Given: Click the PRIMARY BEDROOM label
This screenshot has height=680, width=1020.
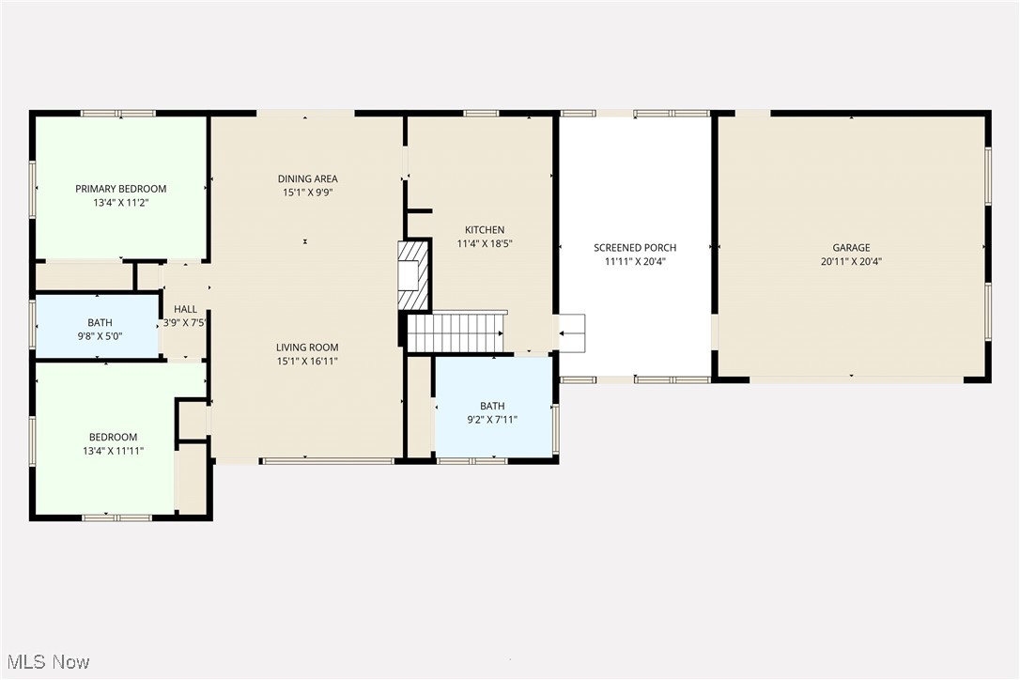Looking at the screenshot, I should point(120,189).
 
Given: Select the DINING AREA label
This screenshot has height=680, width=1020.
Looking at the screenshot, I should point(307,178).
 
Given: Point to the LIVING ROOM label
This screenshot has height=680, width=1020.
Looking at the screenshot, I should point(307,347).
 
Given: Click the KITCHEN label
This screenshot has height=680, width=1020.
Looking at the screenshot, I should point(485,229).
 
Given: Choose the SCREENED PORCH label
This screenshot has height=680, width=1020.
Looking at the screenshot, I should point(635,248).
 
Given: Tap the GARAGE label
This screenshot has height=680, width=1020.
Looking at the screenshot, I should point(850,248).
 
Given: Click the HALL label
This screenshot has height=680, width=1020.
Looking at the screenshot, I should point(185,308).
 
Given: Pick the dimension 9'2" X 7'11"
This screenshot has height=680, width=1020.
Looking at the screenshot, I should point(492,420).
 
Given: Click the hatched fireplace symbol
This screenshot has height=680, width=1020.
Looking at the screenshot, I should point(414,275).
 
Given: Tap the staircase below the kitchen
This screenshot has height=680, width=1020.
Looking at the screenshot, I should point(456,332).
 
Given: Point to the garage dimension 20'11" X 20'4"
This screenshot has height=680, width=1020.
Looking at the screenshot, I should point(850,262).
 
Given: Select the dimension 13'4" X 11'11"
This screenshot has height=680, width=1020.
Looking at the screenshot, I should point(113,451).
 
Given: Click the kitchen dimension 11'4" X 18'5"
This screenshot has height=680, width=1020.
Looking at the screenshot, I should point(485,243).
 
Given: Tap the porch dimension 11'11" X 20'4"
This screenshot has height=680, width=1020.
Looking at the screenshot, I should point(635,262).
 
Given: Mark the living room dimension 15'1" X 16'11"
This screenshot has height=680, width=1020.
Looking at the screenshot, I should point(307,361).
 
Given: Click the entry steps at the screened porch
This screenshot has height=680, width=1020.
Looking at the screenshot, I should point(571,332).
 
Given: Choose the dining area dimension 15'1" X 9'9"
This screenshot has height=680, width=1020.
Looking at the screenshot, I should point(307,193).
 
